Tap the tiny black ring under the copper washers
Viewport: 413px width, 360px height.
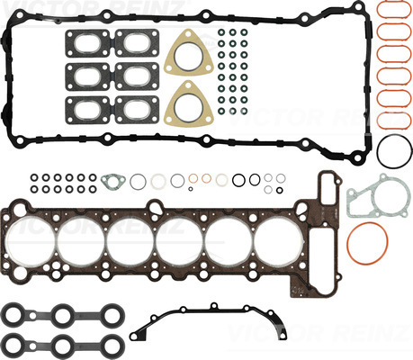pos(191,189)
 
